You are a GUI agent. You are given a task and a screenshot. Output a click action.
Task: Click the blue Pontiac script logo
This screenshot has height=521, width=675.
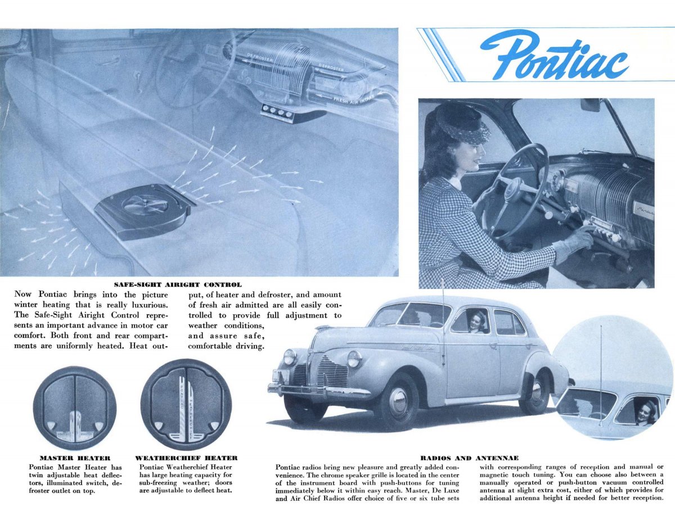point(554,55)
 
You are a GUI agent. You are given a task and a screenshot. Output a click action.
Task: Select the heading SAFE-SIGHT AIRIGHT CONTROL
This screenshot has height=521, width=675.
point(178,285)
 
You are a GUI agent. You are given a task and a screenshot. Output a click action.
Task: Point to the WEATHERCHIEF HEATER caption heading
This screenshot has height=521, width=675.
point(186,458)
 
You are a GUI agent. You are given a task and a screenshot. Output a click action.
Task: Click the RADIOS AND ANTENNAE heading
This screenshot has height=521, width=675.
point(470,458)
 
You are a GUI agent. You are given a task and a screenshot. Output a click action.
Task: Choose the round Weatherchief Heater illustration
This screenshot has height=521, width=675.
point(186,404)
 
